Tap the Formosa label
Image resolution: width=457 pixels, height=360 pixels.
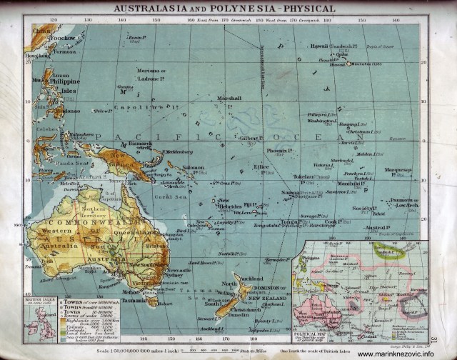[x=65, y=51]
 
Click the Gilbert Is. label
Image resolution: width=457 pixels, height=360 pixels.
[x=251, y=138]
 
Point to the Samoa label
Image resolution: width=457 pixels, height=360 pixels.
[x=290, y=193]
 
